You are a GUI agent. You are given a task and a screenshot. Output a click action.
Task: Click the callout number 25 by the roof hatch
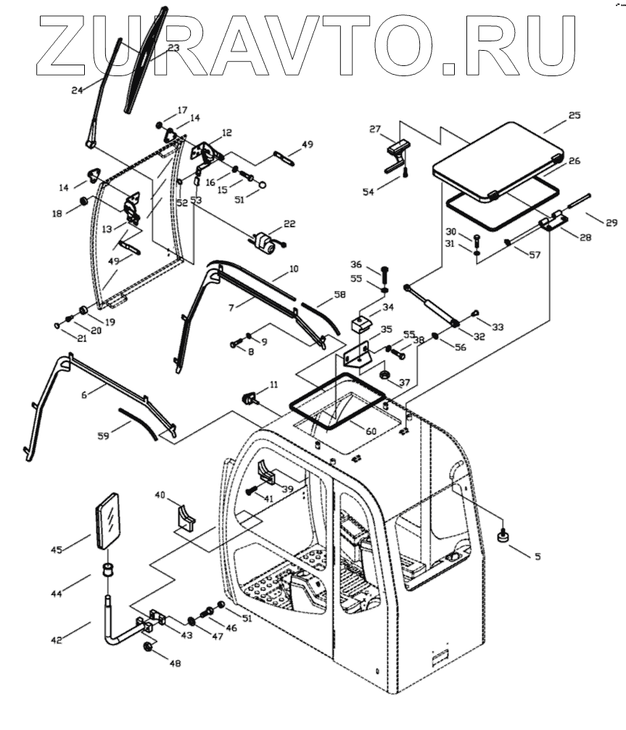click(x=575, y=115)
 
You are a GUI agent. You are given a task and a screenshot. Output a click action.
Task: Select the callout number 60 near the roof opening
click(x=371, y=431)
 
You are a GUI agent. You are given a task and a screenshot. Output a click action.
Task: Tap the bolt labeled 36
click(x=384, y=275)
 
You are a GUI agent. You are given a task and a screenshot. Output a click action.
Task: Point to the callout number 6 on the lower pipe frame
click(x=84, y=394)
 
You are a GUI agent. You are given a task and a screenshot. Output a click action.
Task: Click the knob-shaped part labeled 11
click(x=251, y=398)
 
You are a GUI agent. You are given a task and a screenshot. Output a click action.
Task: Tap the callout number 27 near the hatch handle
click(x=375, y=129)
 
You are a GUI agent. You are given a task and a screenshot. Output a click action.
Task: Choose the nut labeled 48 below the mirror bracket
click(x=147, y=647)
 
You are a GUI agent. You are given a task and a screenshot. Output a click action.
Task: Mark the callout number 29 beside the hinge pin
click(x=611, y=223)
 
